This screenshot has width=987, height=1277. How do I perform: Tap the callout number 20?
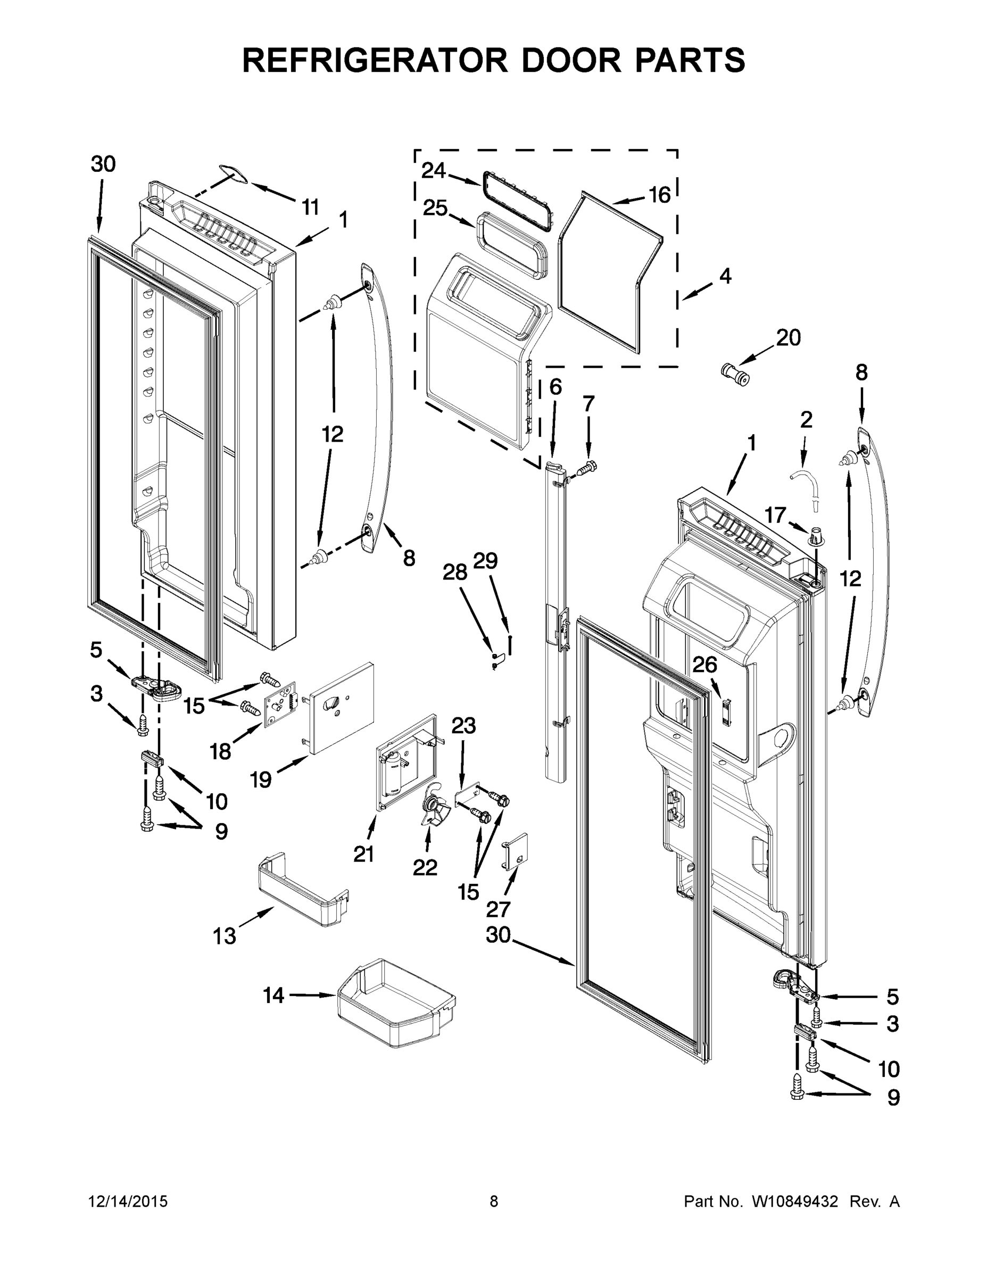pos(787,337)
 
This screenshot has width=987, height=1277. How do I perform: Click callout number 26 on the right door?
pos(704,664)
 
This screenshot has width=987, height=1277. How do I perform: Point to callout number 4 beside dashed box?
pos(725,276)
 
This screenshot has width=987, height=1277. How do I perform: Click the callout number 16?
pos(660,195)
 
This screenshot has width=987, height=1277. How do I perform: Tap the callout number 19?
pos(261,780)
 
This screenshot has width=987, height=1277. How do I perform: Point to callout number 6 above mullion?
pos(555,386)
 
